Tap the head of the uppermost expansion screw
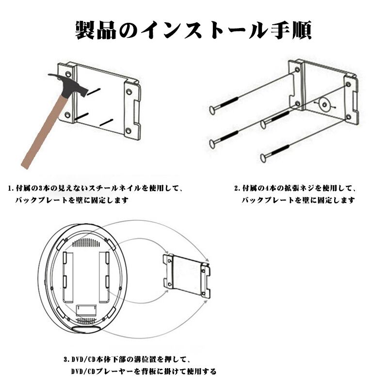pos(212,111)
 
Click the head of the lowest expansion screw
pos(264,158)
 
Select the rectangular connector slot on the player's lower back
pos(89,308)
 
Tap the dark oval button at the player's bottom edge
pos(86,329)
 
